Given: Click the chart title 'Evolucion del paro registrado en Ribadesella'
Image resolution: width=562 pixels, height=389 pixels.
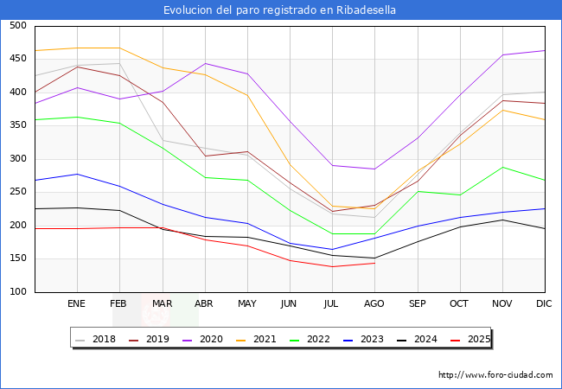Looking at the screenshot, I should [281, 10].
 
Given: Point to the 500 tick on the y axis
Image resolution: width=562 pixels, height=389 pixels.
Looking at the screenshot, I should [17, 26].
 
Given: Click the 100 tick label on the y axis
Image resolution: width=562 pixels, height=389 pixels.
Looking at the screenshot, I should [17, 292].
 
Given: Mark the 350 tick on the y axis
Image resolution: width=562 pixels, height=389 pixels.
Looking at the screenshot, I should [17, 126].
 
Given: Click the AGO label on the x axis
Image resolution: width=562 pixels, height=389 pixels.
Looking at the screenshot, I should [374, 304].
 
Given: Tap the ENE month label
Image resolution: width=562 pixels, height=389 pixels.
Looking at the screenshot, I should [77, 304].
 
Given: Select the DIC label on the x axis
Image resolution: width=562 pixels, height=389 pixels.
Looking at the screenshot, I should [544, 304].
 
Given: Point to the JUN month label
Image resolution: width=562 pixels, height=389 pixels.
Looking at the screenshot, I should [290, 304].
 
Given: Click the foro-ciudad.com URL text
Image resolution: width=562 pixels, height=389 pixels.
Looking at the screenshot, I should [495, 375].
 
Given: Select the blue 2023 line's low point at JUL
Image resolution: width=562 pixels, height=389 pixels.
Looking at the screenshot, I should [332, 250].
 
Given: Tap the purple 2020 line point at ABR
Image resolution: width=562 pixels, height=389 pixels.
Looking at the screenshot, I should [205, 63].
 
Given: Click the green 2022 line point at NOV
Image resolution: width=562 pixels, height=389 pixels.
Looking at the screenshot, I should [502, 168].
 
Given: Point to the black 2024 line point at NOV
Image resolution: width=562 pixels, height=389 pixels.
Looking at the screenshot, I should [502, 220].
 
